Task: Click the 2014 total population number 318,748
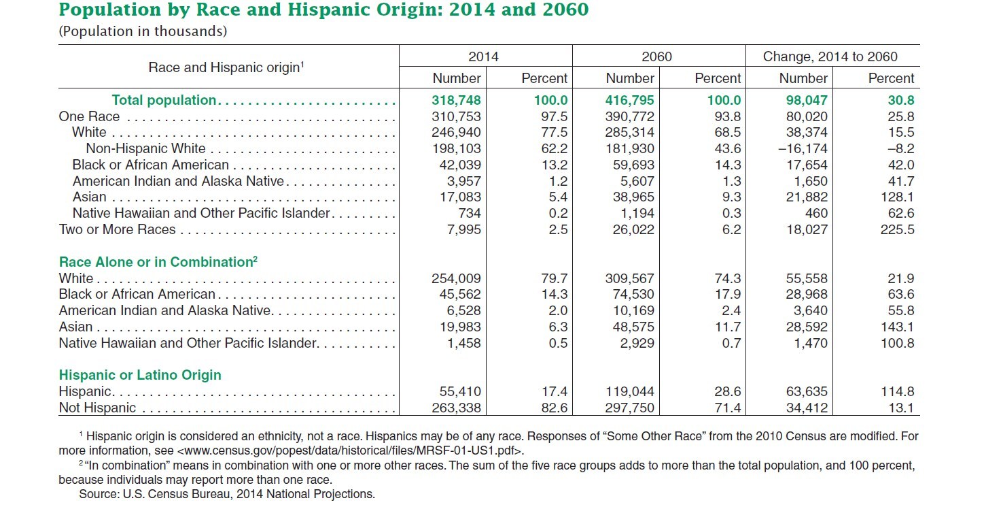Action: pos(456,100)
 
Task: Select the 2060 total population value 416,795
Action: pos(629,100)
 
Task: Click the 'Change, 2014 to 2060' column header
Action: pos(830,56)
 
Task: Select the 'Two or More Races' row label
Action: pos(117,229)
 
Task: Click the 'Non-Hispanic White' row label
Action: pos(145,148)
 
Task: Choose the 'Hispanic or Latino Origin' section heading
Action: pos(140,375)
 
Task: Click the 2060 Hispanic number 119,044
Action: pos(629,391)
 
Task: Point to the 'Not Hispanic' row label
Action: pos(97,408)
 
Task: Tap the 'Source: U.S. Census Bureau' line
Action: pos(227,493)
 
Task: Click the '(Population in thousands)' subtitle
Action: pos(143,31)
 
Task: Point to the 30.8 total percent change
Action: pos(900,100)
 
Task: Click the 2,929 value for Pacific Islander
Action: pos(635,343)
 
